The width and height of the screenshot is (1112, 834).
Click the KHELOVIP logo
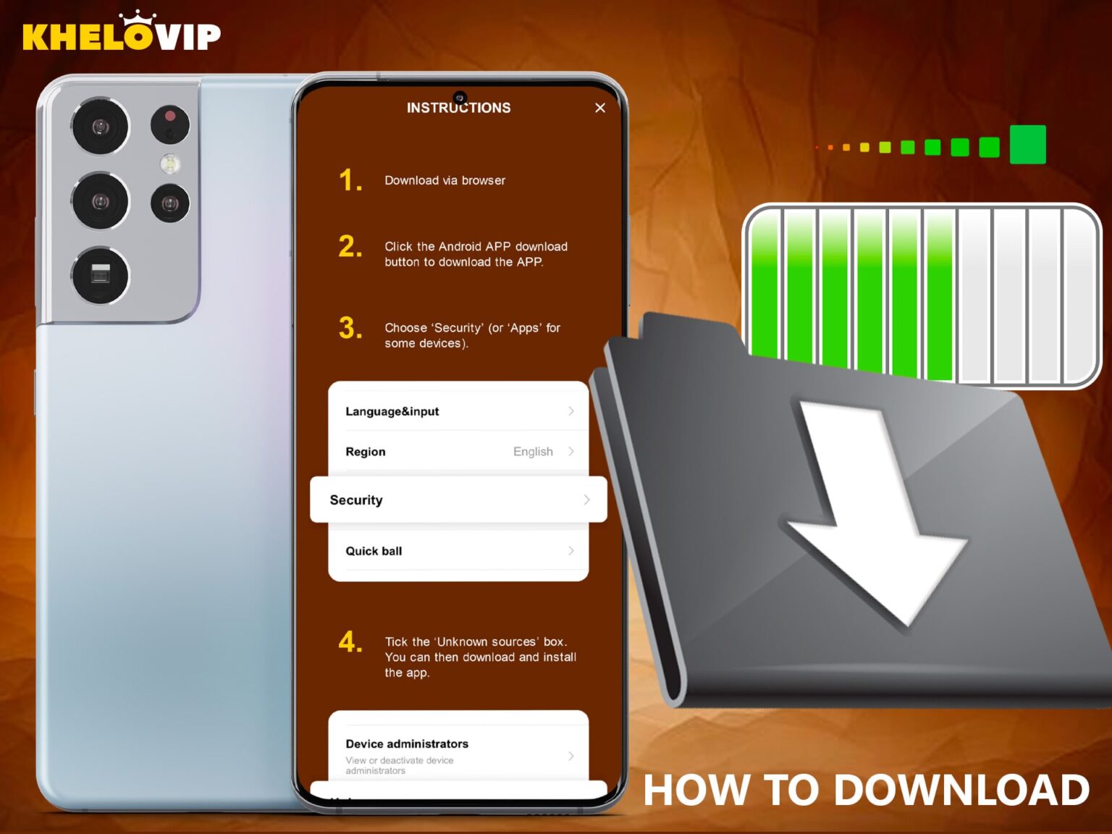(x=121, y=35)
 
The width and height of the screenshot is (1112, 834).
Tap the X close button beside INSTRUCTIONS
(x=600, y=108)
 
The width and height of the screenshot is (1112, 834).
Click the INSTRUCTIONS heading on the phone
(x=458, y=108)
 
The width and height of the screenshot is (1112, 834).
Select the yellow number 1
(x=350, y=180)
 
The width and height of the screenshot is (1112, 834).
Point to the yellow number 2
(x=350, y=247)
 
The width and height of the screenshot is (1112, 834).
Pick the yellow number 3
(x=350, y=328)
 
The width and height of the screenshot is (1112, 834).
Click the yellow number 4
(x=350, y=642)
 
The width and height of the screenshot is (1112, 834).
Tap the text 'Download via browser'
(x=445, y=180)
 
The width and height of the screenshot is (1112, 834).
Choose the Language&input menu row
(x=458, y=411)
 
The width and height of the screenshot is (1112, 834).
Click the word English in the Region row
(x=533, y=452)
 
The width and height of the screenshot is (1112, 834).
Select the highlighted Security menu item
(x=458, y=500)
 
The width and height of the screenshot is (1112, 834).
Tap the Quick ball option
(x=458, y=551)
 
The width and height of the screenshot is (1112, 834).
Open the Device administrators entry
(x=458, y=753)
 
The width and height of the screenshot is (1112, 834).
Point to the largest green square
(x=1027, y=144)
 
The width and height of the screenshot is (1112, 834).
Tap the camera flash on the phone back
(x=171, y=164)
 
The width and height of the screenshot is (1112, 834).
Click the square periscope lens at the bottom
(x=101, y=275)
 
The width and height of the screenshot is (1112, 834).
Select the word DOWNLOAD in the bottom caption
(x=962, y=790)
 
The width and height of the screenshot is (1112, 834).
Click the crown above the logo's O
(x=138, y=17)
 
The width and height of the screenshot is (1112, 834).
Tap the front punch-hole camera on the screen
(x=460, y=98)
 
